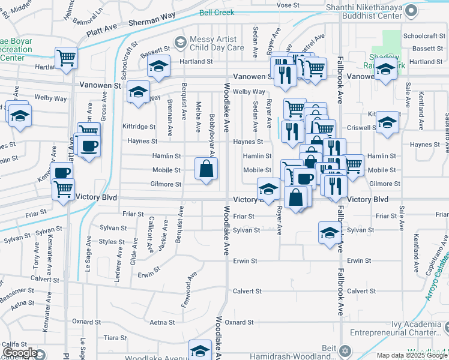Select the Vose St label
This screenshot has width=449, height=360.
coord(288,5)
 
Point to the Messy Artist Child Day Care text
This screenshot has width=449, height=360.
coord(217,43)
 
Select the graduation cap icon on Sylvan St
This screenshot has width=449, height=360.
coord(329,233)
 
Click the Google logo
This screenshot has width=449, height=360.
coord(20,353)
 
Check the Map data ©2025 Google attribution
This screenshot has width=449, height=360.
coord(411,355)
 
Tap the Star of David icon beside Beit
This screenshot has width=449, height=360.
coord(343,349)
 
